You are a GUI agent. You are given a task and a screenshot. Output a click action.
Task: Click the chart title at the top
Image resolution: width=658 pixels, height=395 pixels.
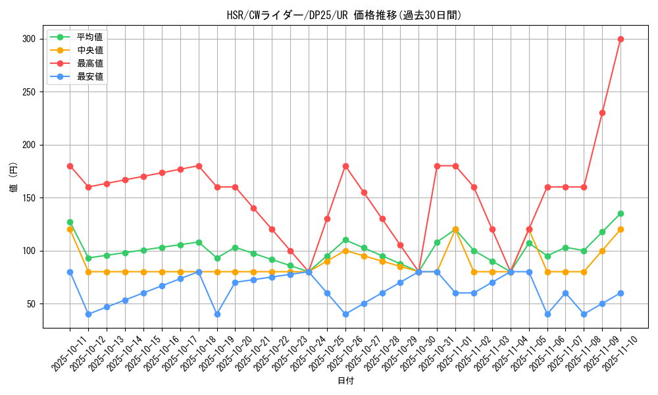[x=344, y=15]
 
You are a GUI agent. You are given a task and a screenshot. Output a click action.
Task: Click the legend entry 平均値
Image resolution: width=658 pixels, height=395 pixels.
[x=89, y=37]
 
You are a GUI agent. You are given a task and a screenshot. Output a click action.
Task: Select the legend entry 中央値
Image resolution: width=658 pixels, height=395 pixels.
[x=89, y=50]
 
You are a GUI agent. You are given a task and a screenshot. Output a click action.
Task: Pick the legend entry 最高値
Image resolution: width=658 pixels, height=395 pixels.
[x=89, y=63]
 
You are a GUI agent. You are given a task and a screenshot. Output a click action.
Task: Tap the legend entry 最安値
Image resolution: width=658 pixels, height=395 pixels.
[x=89, y=76]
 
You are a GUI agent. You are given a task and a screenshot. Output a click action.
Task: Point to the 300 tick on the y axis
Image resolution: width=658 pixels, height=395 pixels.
[x=30, y=39]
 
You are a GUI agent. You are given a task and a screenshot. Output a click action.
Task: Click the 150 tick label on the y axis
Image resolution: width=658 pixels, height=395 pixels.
[x=30, y=197]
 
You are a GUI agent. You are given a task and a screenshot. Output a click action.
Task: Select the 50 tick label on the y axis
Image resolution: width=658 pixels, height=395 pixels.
[x=32, y=303]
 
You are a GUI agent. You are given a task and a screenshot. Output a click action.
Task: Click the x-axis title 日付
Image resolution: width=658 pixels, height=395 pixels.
[x=345, y=381]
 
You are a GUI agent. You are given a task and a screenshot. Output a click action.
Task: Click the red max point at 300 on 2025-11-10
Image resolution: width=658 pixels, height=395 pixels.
[x=620, y=39]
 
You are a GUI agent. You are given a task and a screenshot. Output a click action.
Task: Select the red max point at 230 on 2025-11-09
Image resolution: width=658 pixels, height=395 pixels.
[x=602, y=113]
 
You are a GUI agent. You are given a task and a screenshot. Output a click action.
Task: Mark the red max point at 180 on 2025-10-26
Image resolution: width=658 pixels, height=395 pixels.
[x=345, y=166]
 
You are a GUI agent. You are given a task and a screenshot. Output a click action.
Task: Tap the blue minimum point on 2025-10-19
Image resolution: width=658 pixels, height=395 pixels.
[x=217, y=314]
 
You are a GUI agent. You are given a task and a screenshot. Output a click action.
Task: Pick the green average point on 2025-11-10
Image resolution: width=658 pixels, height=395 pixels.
[x=620, y=213]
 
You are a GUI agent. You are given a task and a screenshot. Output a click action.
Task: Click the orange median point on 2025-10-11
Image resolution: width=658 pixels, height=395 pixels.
[x=70, y=229]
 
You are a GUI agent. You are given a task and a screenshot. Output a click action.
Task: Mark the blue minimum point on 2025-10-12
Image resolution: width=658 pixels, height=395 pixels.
[x=88, y=314]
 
